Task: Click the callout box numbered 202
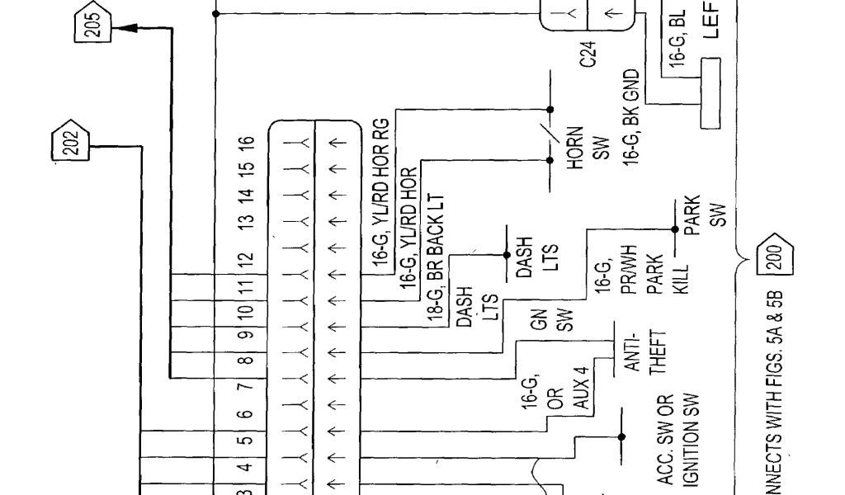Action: [x=69, y=145]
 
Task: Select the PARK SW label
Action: [x=705, y=211]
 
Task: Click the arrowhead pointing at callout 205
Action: [x=125, y=29]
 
